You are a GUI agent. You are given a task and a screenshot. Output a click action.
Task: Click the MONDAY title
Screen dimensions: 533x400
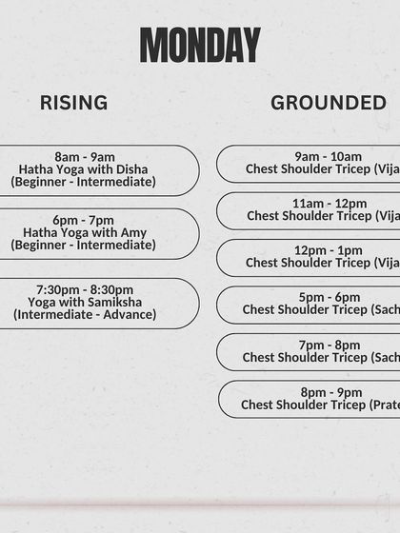pos(200,45)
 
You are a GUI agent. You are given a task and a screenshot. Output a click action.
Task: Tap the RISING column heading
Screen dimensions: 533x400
pos(73,103)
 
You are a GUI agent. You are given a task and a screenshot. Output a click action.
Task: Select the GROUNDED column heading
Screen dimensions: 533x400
pos(329,103)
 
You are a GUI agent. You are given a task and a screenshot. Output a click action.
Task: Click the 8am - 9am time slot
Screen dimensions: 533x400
pos(84,157)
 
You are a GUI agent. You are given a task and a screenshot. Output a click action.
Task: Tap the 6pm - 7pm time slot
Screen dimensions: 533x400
pos(84,220)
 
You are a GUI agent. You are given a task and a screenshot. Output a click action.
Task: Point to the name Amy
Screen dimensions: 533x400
pos(133,232)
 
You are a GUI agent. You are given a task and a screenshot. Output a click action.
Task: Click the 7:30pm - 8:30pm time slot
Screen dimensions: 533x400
pos(85,289)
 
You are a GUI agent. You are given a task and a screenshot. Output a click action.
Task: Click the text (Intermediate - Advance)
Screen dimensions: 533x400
pos(83,314)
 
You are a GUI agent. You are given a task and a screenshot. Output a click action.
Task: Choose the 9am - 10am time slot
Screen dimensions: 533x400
pos(328,157)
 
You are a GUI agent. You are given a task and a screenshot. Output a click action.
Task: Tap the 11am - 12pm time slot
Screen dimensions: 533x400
pos(329,204)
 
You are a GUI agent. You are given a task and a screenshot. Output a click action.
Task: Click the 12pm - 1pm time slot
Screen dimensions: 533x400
pos(329,250)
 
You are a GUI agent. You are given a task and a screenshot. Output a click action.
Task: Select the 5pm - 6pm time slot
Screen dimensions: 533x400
pos(329,297)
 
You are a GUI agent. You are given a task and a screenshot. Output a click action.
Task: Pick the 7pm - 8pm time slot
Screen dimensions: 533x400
pos(329,345)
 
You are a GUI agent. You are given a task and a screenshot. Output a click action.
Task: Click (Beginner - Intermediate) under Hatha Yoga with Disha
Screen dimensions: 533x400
pos(83,182)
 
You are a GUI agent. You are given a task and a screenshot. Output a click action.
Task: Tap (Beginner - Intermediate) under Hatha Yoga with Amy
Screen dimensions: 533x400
pos(83,245)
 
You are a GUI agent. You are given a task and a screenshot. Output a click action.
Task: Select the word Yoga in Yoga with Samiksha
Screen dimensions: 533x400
pos(44,302)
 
